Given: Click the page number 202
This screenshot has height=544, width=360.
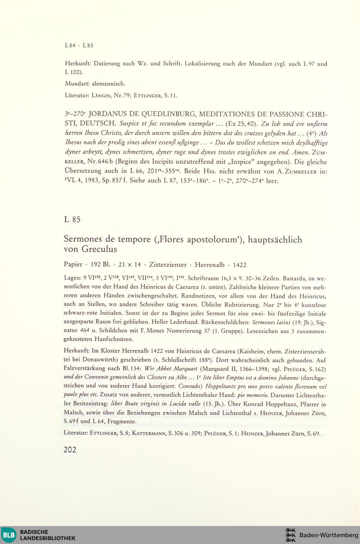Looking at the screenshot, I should pyautogui.click(x=70, y=449).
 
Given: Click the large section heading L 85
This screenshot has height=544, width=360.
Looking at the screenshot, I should pyautogui.click(x=72, y=219).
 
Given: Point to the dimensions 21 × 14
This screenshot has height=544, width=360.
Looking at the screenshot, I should pyautogui.click(x=130, y=265).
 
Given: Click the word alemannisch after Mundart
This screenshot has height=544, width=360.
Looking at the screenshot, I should pyautogui.click(x=108, y=84).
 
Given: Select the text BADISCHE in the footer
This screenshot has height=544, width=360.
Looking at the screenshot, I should pyautogui.click(x=34, y=532).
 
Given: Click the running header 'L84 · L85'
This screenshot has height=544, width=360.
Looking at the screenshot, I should pyautogui.click(x=79, y=46).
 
